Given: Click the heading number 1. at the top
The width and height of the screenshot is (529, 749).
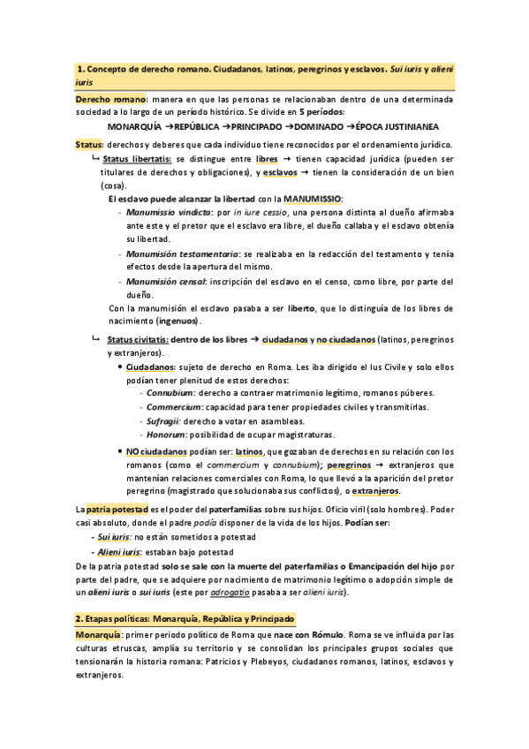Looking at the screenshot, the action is pyautogui.click(x=81, y=68).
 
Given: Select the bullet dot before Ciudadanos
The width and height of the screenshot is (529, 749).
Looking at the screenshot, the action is pyautogui.click(x=120, y=365).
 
